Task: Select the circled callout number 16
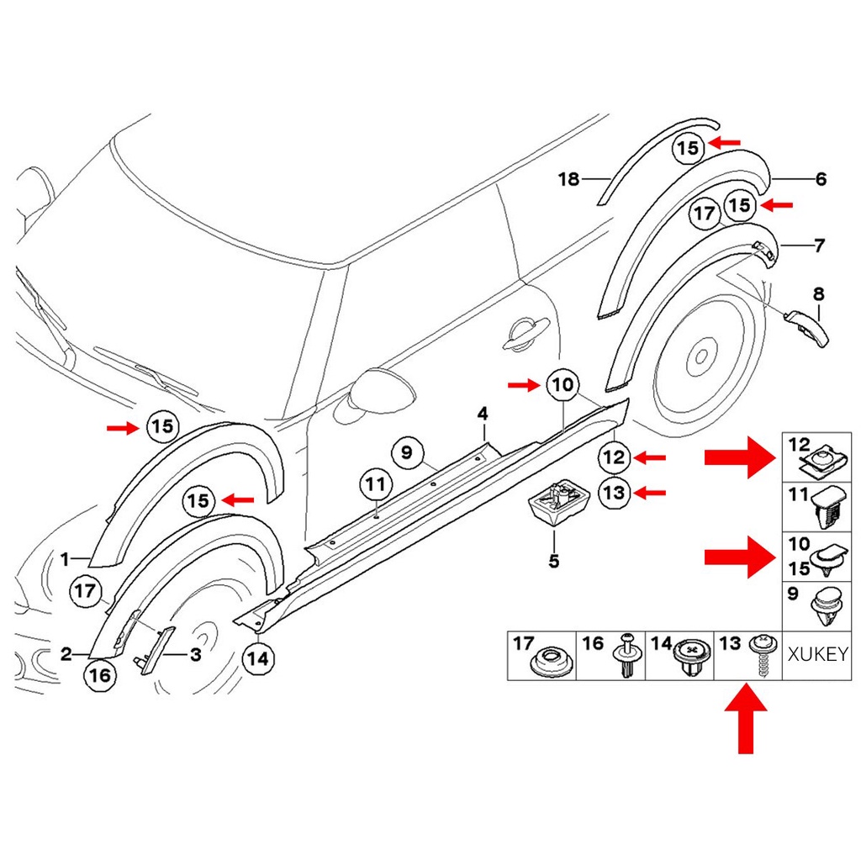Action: [99, 675]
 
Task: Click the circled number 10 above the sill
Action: [563, 386]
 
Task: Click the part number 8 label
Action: [818, 294]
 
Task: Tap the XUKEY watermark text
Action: [816, 654]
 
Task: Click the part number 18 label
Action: [569, 179]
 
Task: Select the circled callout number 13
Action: [614, 492]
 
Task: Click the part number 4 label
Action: [483, 414]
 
